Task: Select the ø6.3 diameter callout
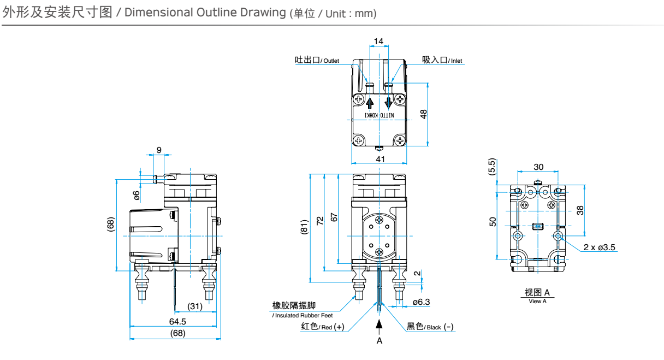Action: pos(421,302)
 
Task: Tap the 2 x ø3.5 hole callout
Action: pos(599,247)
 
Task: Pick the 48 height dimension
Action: pos(424,114)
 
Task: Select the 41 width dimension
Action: pos(380,159)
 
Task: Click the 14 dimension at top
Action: pos(378,41)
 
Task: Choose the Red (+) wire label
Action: pos(323,327)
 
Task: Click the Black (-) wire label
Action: pos(430,327)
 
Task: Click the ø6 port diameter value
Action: pos(137,194)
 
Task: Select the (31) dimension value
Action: pos(195,306)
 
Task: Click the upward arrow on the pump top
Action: pos(370,103)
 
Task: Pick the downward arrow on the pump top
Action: pos(389,103)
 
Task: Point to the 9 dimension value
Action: pos(159,150)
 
